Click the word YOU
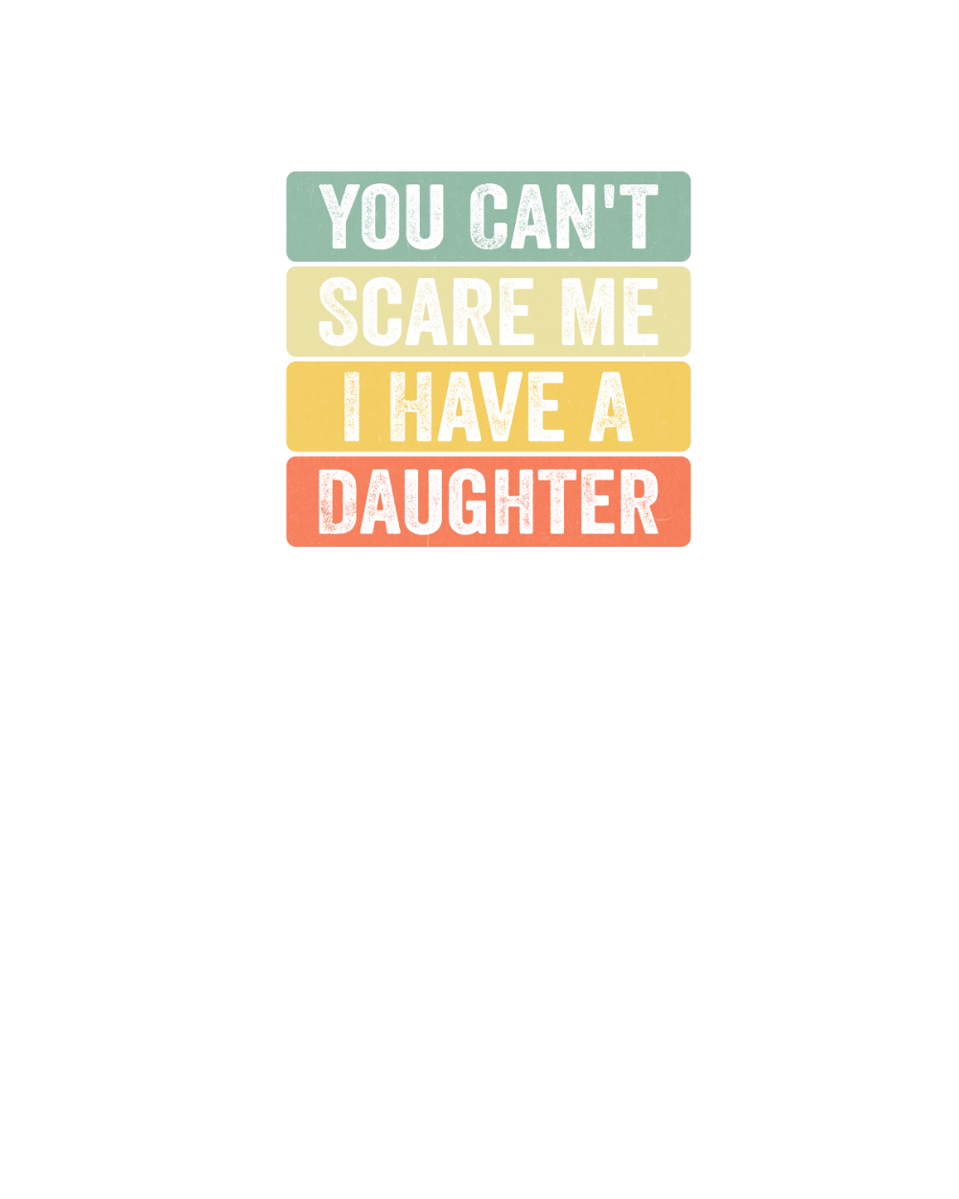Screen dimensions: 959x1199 381,216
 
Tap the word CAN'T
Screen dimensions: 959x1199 563,216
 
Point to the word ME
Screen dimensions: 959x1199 610,312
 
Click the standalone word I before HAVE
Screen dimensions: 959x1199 351,406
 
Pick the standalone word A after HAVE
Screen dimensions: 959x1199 611,406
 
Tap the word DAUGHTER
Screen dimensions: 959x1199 488,502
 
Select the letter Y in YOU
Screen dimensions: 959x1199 339,216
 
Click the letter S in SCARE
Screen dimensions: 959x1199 339,312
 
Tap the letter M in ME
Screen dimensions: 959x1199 587,312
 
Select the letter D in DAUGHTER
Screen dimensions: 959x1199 338,502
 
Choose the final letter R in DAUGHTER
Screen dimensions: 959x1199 640,502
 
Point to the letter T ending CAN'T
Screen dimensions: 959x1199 639,216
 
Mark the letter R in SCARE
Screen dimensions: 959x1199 474,312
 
